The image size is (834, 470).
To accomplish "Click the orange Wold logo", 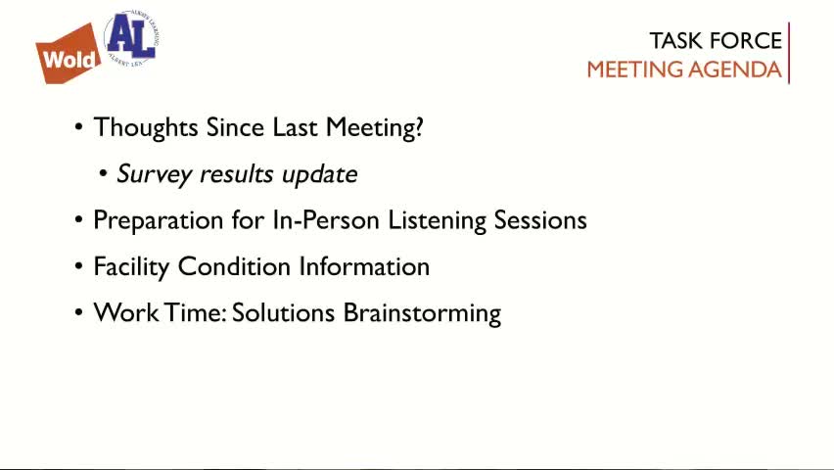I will click(x=69, y=56).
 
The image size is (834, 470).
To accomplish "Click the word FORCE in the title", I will click(x=744, y=41).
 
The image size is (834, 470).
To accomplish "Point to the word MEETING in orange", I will click(x=634, y=70).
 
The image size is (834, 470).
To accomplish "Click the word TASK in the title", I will click(x=674, y=41).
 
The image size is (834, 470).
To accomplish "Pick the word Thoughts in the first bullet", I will click(x=146, y=127).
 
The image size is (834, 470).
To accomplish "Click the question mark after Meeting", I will click(x=419, y=127).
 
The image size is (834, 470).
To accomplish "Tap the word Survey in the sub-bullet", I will click(x=155, y=174).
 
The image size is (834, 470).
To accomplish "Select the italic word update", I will click(x=319, y=175).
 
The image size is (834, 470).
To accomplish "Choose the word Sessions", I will click(x=540, y=220).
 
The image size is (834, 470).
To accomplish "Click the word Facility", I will click(x=131, y=267).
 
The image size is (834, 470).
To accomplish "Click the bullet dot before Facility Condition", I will click(x=79, y=267).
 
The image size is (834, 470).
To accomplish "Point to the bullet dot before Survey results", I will click(x=104, y=174).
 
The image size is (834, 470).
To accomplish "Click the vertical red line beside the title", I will click(x=789, y=54).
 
